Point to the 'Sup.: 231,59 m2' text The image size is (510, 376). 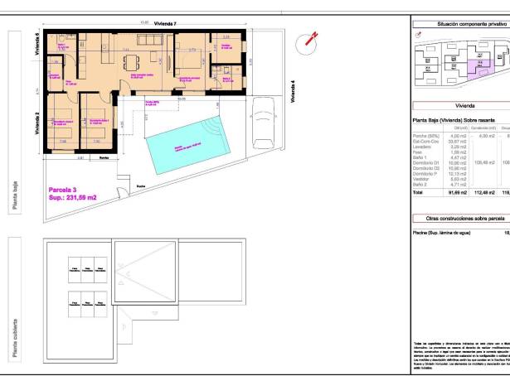[x=73, y=198]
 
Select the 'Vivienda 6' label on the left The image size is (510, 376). [x=37, y=44]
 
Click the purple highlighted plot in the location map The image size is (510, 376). [x=482, y=60]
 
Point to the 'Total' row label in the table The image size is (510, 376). [x=418, y=191]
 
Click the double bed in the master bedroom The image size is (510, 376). [x=187, y=60]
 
